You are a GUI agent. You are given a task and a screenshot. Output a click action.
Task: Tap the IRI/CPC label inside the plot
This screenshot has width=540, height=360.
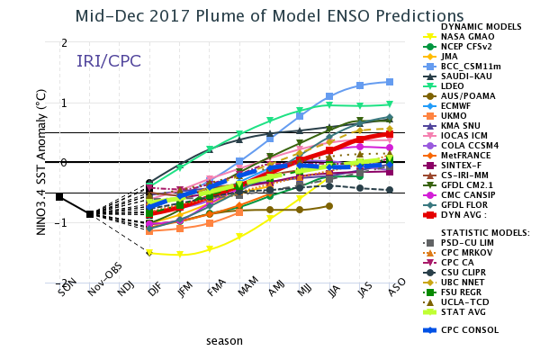(109, 61)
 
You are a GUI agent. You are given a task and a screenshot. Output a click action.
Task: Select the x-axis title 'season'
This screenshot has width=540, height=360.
(224, 341)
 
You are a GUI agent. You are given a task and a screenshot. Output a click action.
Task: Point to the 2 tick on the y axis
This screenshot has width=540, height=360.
(63, 43)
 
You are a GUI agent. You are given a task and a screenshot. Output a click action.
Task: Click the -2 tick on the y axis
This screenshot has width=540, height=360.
(61, 283)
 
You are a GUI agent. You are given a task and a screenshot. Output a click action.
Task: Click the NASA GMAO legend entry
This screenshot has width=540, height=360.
(463, 37)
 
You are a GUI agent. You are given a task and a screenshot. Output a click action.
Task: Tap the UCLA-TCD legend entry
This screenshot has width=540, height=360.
(463, 301)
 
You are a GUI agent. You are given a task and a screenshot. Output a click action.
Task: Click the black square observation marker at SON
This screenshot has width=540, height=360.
(59, 196)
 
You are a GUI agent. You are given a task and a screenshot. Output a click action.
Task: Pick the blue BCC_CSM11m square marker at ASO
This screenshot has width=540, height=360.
(390, 82)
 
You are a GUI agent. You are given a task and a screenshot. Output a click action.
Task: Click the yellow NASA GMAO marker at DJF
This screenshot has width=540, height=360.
(149, 253)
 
